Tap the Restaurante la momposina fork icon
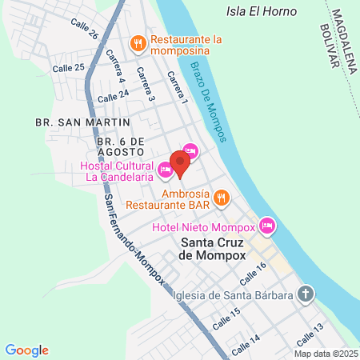[138, 44]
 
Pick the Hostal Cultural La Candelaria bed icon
[165, 170]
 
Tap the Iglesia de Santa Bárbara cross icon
[304, 293]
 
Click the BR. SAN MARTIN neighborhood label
[83, 122]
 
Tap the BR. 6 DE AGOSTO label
[121, 146]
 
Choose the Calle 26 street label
[84, 30]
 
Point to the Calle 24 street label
[113, 95]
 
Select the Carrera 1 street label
[177, 88]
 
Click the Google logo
[27, 350]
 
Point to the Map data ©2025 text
[325, 353]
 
